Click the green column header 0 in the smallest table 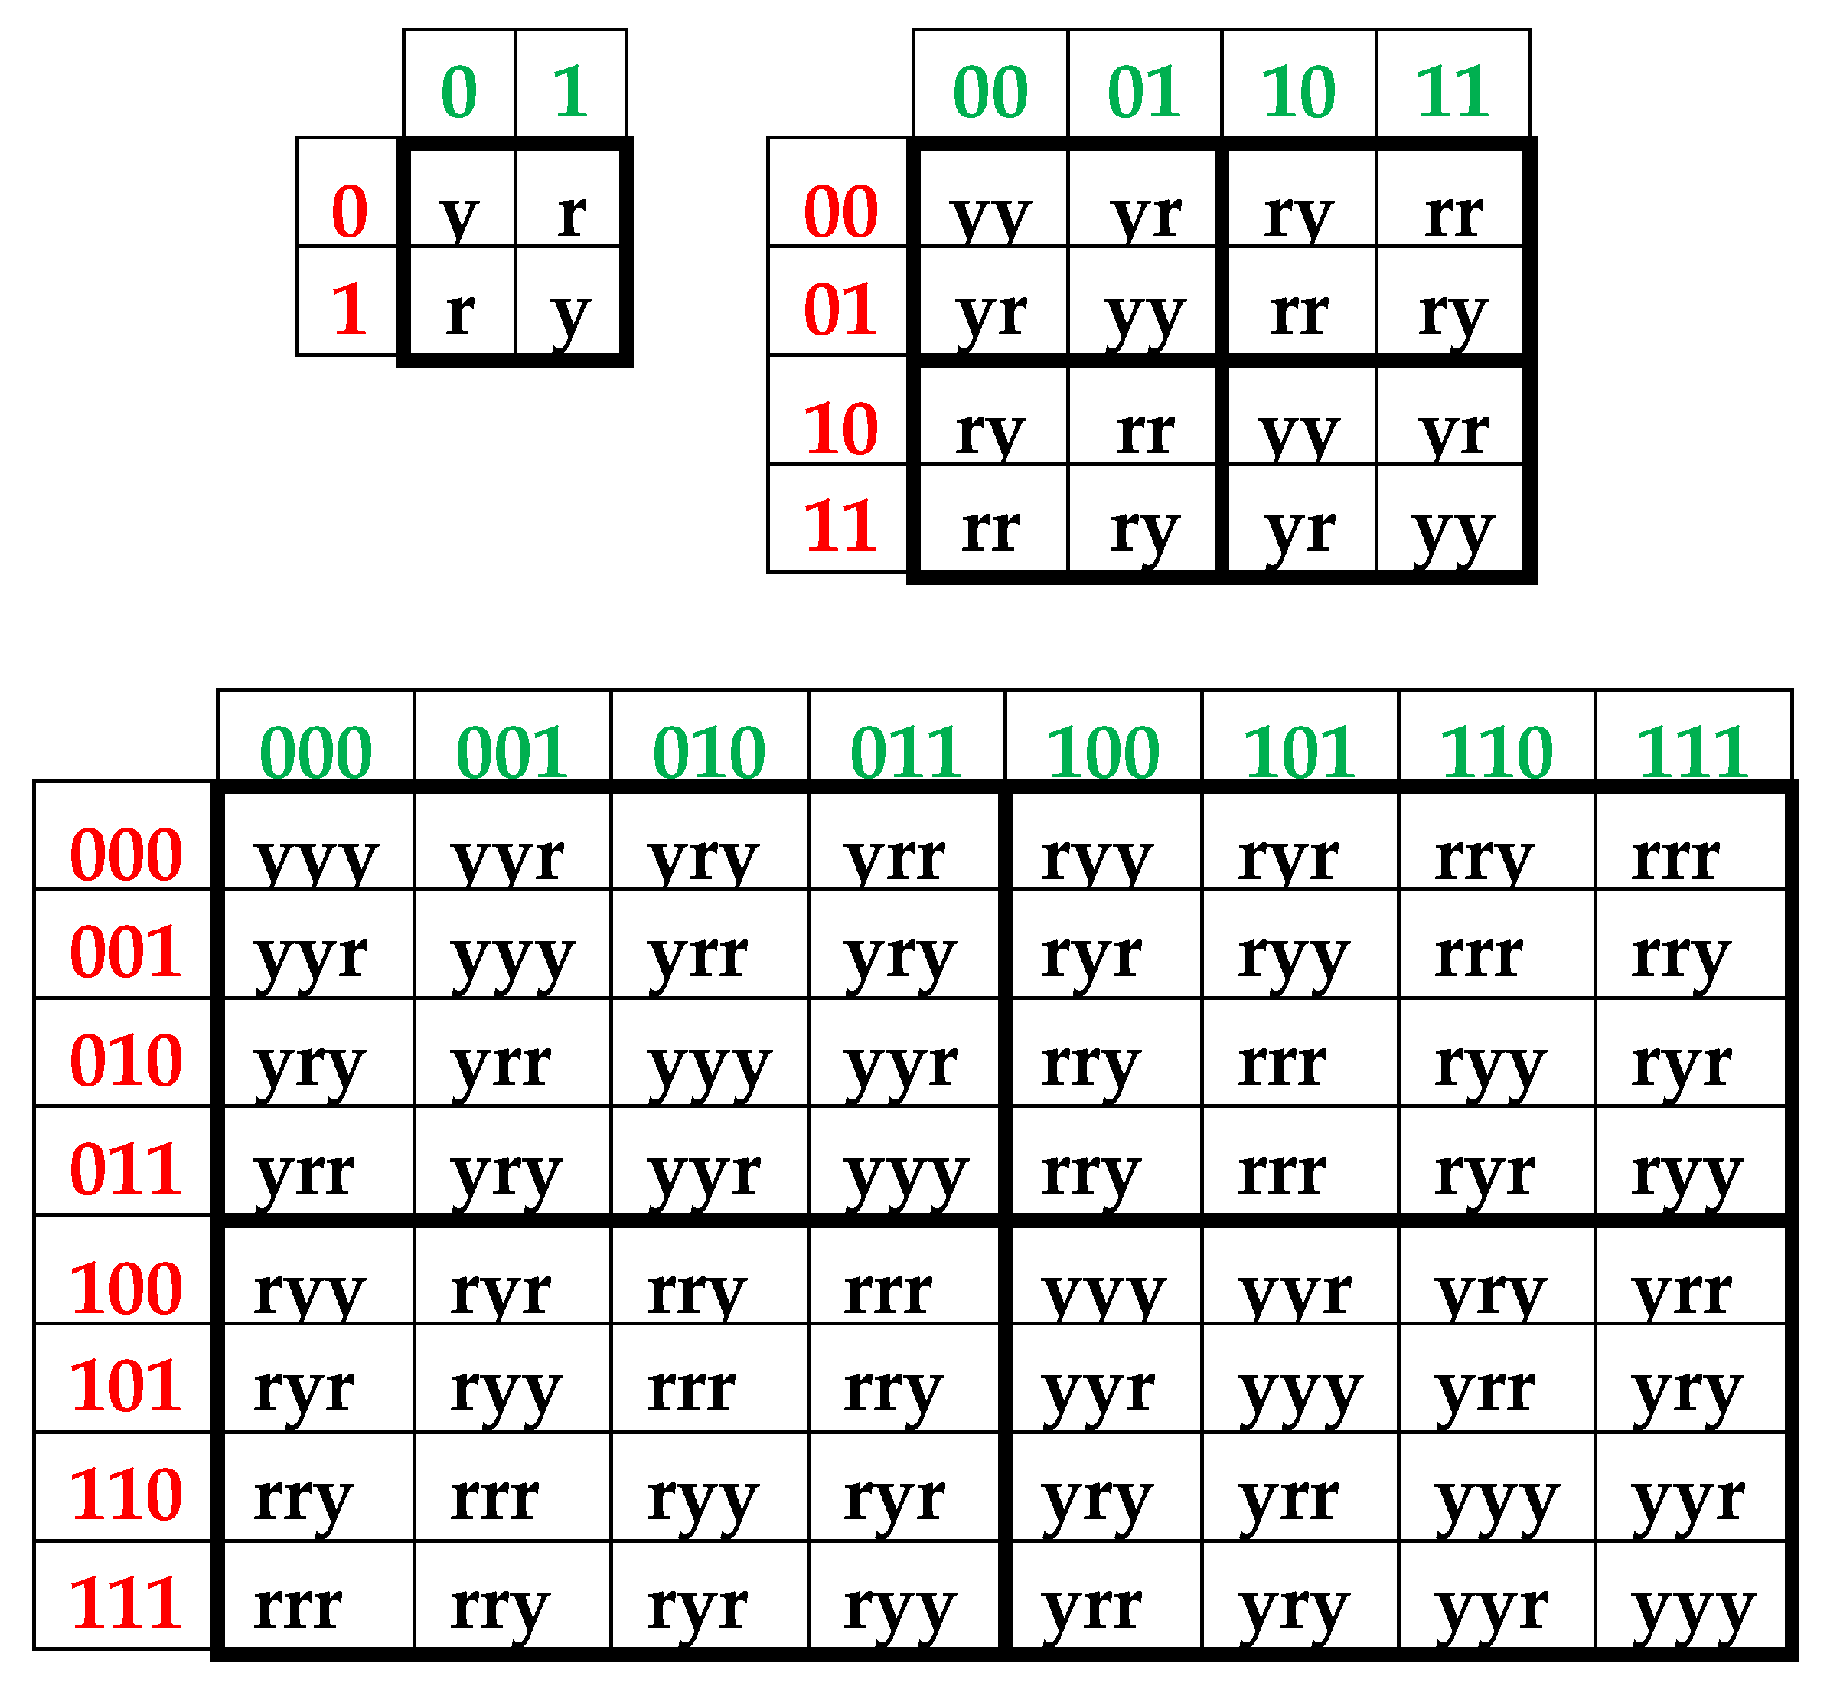point(458,91)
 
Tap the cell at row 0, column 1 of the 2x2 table point(571,212)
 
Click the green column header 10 point(1298,91)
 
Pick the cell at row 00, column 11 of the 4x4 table point(1453,212)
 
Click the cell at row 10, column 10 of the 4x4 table point(1298,430)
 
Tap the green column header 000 point(315,751)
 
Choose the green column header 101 point(1300,751)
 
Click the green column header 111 point(1693,751)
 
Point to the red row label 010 point(126,1060)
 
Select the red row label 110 point(126,1494)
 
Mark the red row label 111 point(126,1603)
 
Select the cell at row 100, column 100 point(1103,1290)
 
